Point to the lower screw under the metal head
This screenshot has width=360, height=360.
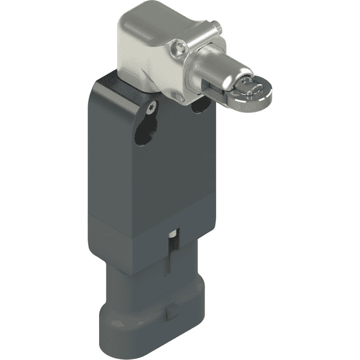tap(176, 95)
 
